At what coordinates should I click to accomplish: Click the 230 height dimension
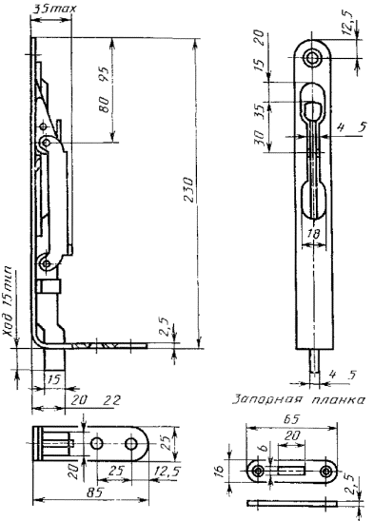[x=188, y=190]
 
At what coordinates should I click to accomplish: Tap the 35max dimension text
[x=53, y=9]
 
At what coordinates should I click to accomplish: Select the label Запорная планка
[x=299, y=399]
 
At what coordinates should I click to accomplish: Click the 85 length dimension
[x=94, y=492]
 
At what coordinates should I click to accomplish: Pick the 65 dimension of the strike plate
[x=291, y=419]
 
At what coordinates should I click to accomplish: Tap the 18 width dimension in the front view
[x=313, y=235]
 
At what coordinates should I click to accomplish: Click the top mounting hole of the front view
[x=312, y=58]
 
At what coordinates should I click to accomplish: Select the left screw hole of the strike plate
[x=257, y=471]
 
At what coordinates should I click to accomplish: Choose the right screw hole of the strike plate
[x=325, y=471]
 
